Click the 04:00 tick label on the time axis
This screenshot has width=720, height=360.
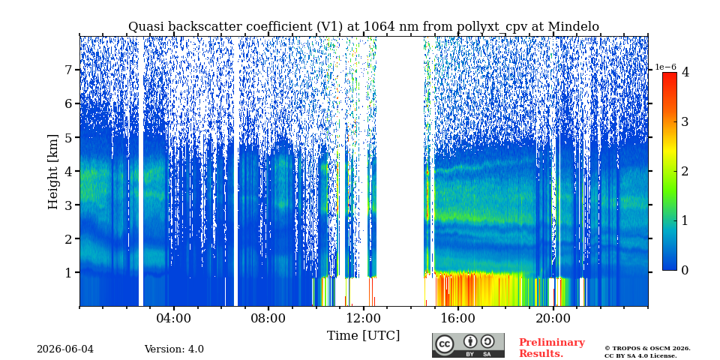173,318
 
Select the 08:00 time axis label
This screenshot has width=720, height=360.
268,318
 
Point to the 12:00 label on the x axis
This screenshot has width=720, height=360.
363,318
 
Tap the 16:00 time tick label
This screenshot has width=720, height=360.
457,318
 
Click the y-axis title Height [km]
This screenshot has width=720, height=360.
53,172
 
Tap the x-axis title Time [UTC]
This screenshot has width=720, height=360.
363,336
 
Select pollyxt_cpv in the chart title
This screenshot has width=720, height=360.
490,27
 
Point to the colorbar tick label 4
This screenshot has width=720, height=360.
685,72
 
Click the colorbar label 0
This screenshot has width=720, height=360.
685,271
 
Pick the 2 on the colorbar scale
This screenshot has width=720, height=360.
685,171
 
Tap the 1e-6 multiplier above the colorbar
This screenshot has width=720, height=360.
666,67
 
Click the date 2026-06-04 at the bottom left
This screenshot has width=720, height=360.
65,349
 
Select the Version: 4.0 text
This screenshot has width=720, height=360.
174,349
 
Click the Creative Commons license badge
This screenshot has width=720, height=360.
468,345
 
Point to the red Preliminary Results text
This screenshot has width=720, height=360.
552,348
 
